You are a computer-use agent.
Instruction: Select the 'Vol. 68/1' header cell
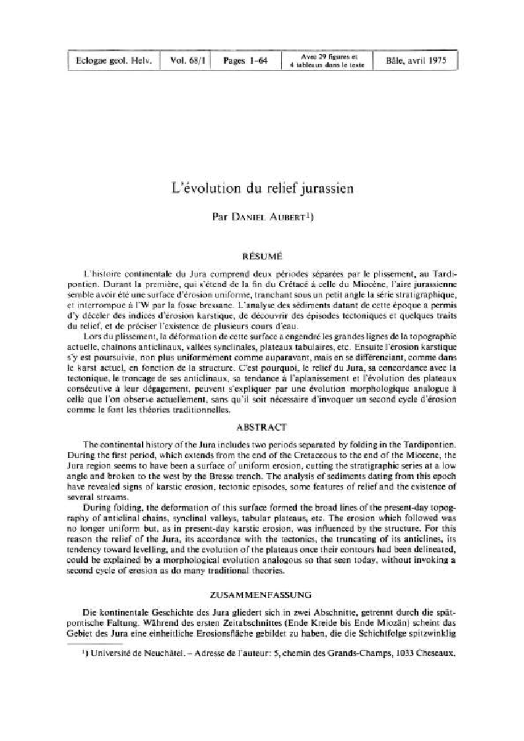click(187, 62)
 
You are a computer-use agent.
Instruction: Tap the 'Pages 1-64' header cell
click(244, 62)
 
